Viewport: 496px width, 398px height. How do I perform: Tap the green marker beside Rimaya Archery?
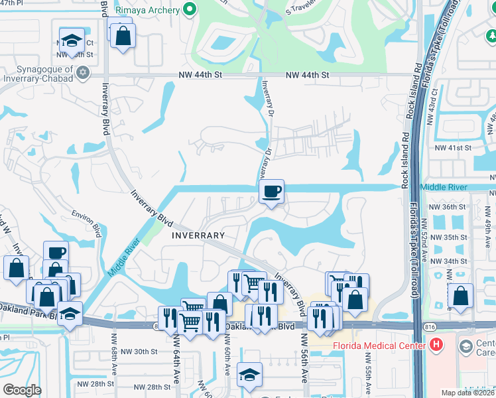[190, 9]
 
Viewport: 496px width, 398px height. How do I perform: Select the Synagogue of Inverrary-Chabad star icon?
[83, 72]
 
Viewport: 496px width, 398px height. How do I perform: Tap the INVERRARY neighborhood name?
[198, 235]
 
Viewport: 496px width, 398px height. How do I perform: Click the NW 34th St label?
[449, 261]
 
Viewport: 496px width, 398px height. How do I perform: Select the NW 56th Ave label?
[304, 358]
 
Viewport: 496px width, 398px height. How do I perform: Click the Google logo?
[22, 390]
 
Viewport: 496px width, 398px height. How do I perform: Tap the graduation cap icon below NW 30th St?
[250, 376]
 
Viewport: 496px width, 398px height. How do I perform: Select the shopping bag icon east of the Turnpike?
[460, 297]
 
